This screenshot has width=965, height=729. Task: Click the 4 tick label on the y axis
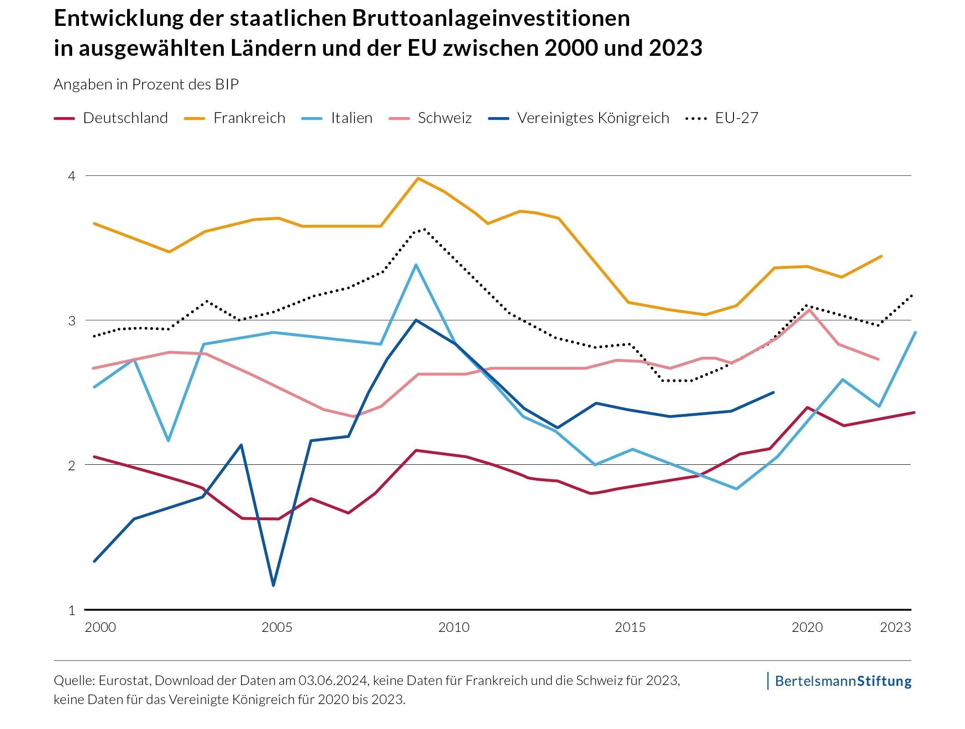71,176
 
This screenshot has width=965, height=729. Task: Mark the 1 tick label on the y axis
71,611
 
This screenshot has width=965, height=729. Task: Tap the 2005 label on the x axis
277,627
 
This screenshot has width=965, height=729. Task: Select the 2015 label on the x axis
630,627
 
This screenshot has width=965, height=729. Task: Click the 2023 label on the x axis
895,627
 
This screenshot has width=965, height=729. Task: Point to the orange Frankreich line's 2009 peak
418,178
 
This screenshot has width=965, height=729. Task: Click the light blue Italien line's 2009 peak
416,265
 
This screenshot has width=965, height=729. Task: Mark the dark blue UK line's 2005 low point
273,585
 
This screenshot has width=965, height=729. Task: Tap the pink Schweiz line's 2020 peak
809,310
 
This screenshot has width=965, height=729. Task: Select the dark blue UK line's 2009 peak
416,320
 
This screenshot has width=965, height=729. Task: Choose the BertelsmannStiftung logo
842,681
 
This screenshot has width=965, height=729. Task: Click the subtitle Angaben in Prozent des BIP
146,84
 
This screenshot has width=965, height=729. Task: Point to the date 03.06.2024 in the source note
333,680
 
